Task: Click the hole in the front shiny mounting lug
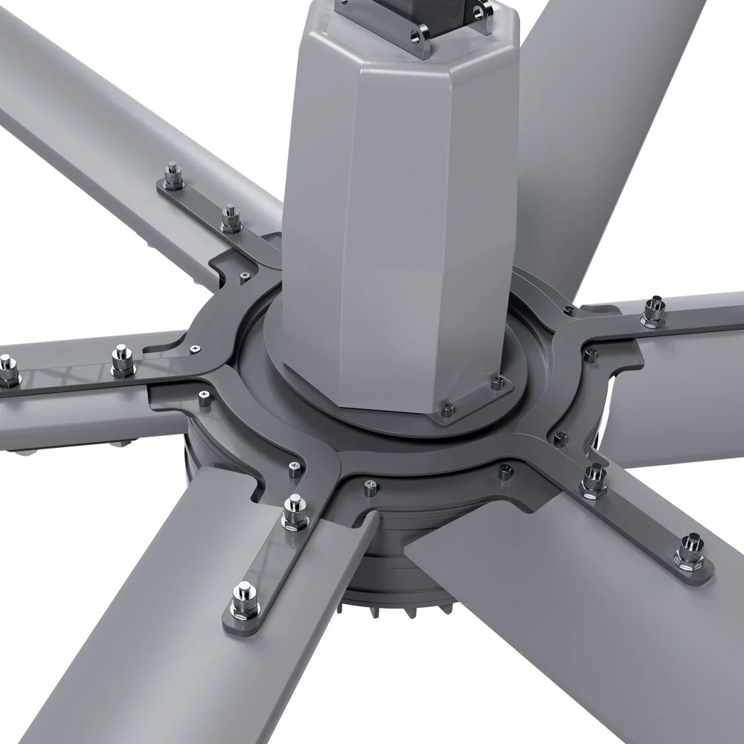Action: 422,33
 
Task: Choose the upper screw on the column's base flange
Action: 496,382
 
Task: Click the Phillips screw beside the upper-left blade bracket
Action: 245,276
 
